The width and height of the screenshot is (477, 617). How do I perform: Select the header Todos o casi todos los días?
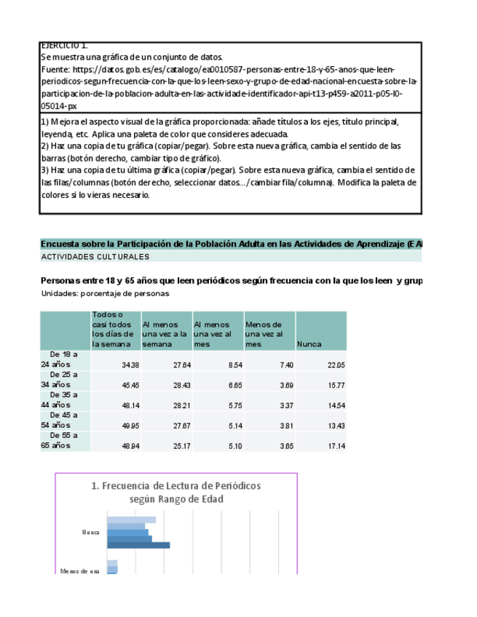pos(112,330)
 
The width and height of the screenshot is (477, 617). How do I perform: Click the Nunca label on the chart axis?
pos(91,533)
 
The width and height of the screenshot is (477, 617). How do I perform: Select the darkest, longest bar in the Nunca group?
pos(138,545)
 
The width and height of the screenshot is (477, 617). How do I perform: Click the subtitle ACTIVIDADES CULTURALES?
pos(95,257)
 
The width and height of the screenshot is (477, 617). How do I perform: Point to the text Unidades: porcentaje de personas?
pos(105,294)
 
